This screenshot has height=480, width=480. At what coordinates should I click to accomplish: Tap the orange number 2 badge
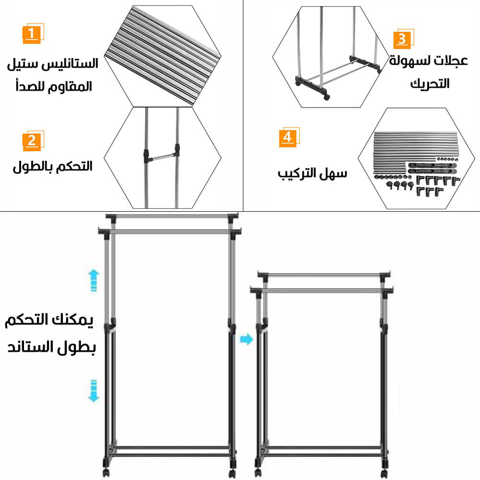click(33, 141)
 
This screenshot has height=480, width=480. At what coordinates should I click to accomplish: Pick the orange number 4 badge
click(289, 137)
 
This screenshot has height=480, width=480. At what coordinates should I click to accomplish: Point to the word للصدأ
click(30, 86)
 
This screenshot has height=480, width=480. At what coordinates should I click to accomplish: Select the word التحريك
click(430, 83)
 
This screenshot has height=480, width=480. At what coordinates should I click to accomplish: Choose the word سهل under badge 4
click(334, 174)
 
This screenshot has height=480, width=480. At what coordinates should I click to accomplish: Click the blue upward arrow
click(94, 280)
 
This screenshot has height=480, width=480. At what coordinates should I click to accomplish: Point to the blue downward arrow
click(94, 391)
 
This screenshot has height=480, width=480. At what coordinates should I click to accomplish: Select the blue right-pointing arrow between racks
click(246, 339)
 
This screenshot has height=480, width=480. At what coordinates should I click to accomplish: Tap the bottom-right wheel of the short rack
click(384, 473)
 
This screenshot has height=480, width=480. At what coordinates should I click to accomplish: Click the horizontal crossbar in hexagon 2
click(161, 157)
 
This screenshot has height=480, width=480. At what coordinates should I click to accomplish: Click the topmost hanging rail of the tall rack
click(172, 216)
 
